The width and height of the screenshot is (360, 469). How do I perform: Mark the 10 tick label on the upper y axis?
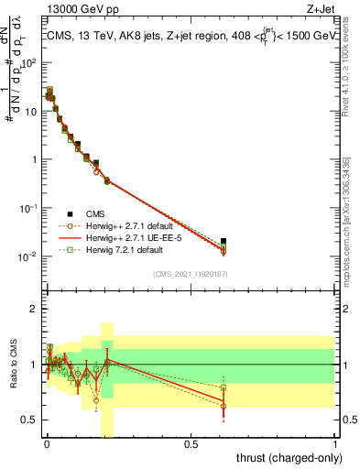pos(30,111)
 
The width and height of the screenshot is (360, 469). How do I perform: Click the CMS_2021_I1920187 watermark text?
pos(191,273)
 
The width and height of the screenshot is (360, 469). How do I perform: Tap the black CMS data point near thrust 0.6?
pos(224,241)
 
